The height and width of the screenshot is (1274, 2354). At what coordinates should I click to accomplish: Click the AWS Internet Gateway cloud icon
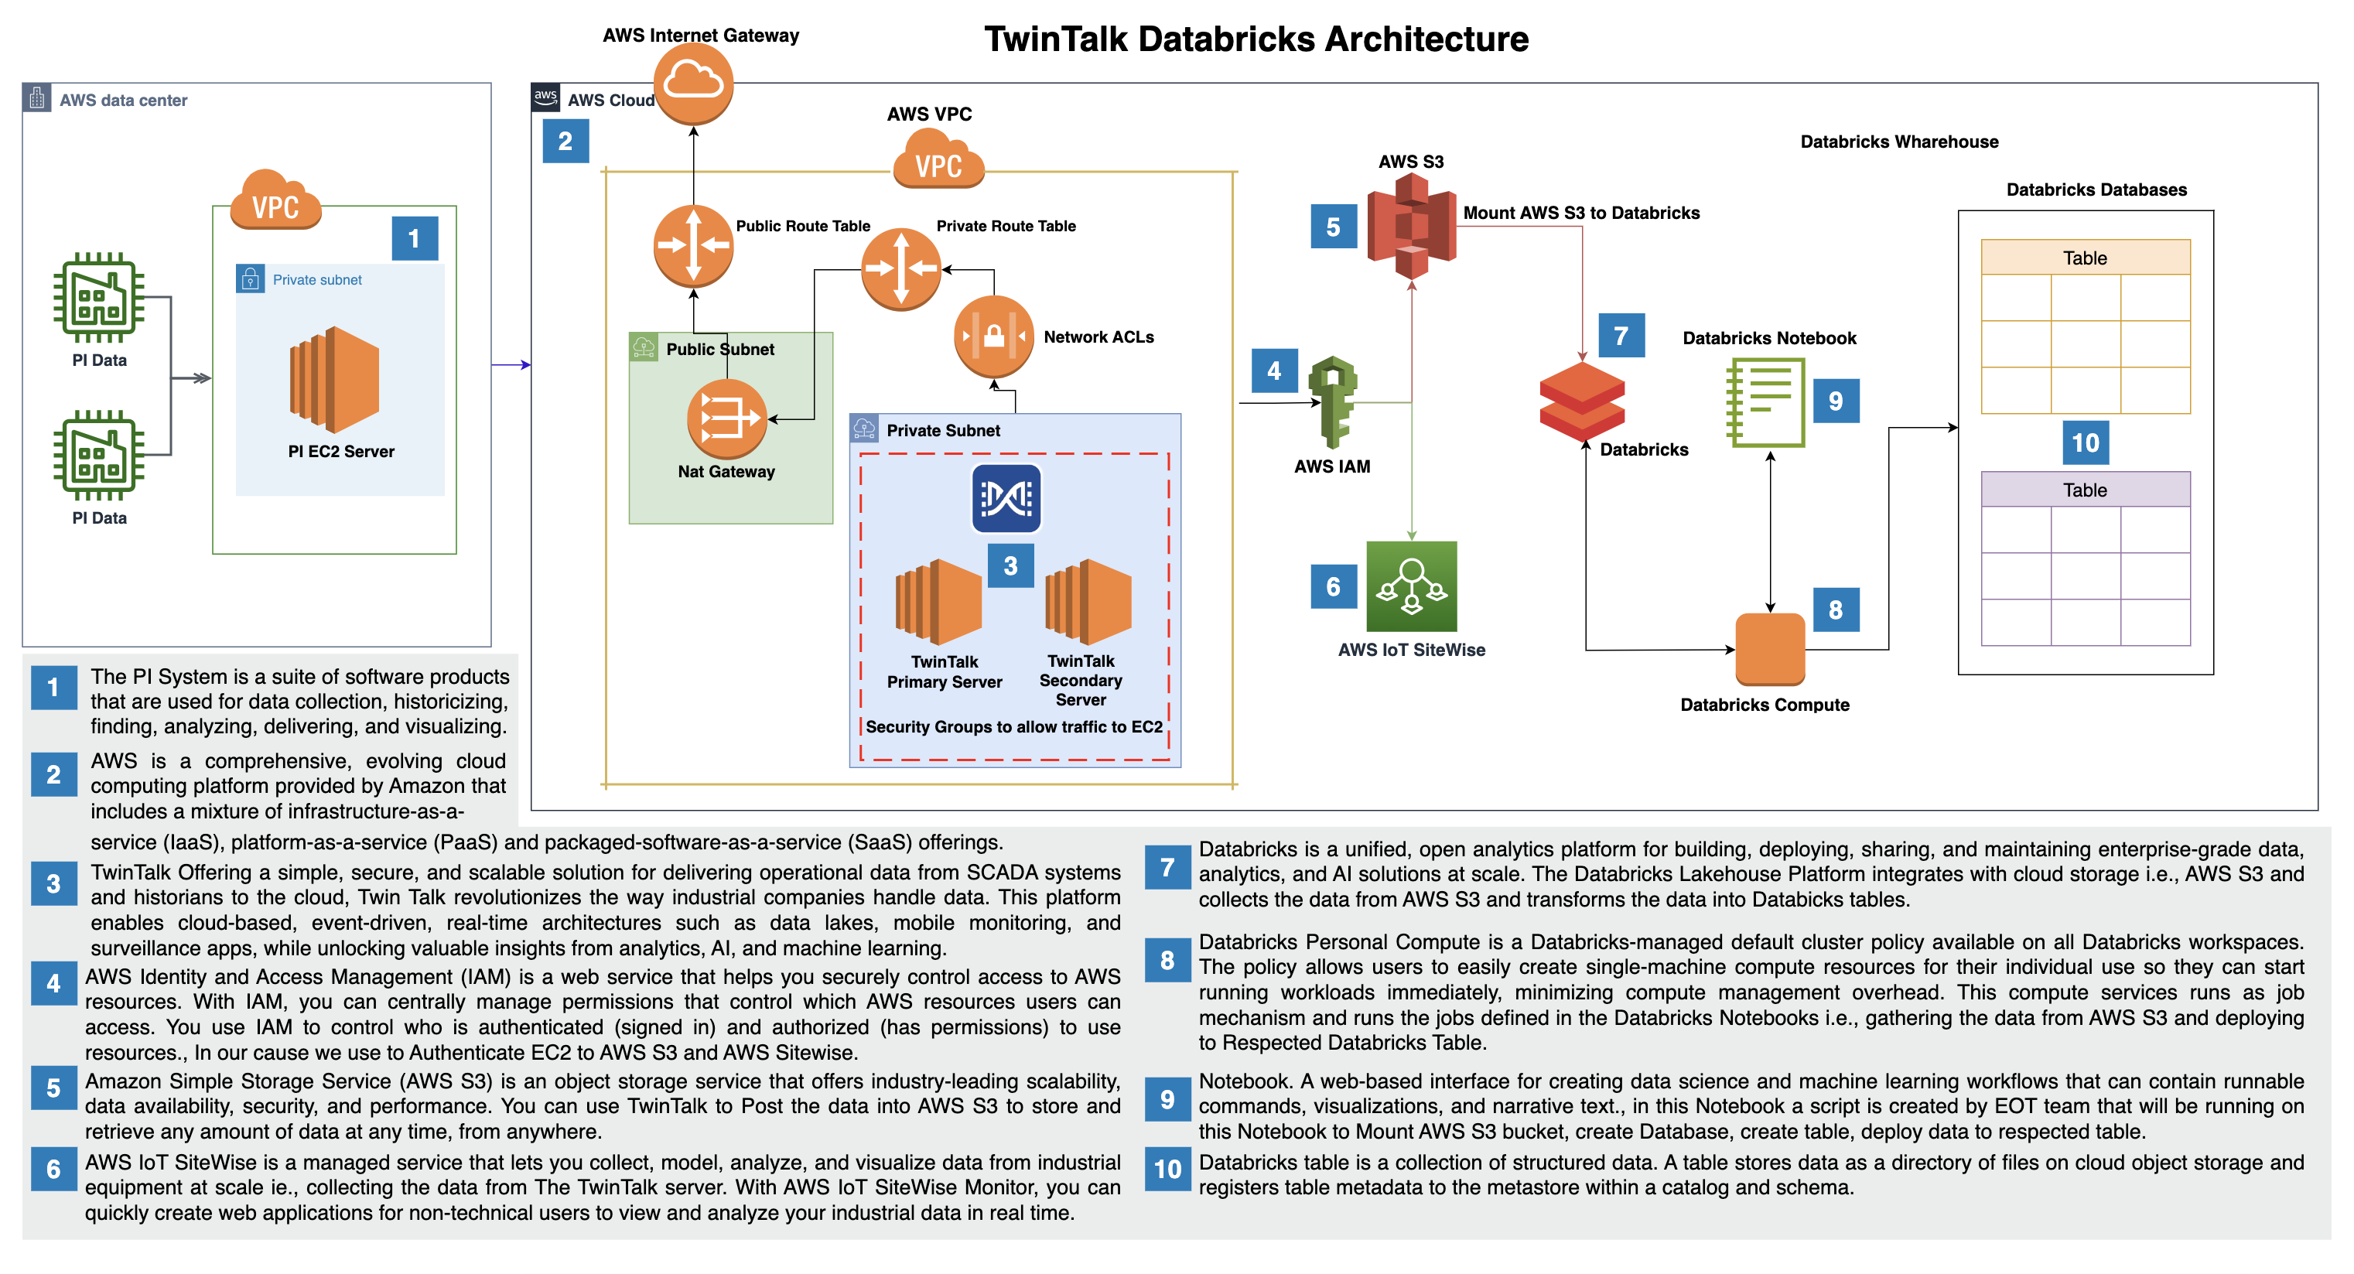pos(694,84)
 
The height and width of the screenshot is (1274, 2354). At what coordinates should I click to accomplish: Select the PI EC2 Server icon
pos(334,379)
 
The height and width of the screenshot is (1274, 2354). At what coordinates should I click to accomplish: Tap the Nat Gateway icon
pos(727,418)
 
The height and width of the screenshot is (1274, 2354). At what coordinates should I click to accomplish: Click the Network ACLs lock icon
pos(993,336)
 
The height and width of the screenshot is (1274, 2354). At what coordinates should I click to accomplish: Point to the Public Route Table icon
pos(694,245)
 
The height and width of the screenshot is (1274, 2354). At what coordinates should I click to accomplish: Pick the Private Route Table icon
pos(901,268)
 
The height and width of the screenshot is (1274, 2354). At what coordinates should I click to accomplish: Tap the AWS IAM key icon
pos(1332,401)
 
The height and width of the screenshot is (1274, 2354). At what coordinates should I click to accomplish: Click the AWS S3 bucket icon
pos(1411,227)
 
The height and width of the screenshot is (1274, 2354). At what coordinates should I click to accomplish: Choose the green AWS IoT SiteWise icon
pos(1411,586)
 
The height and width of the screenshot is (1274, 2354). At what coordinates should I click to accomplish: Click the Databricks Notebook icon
pos(1765,402)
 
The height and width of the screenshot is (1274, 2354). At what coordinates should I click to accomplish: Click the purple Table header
pos(2085,490)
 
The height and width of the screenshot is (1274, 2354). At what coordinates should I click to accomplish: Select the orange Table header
pos(2085,258)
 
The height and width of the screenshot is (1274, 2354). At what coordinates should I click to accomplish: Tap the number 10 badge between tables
pos(2085,443)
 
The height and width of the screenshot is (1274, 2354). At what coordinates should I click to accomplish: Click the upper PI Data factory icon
pos(99,297)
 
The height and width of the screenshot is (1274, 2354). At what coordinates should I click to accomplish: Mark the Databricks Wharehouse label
pos(1899,142)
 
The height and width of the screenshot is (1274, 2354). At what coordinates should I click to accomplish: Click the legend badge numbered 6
pos(53,1169)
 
